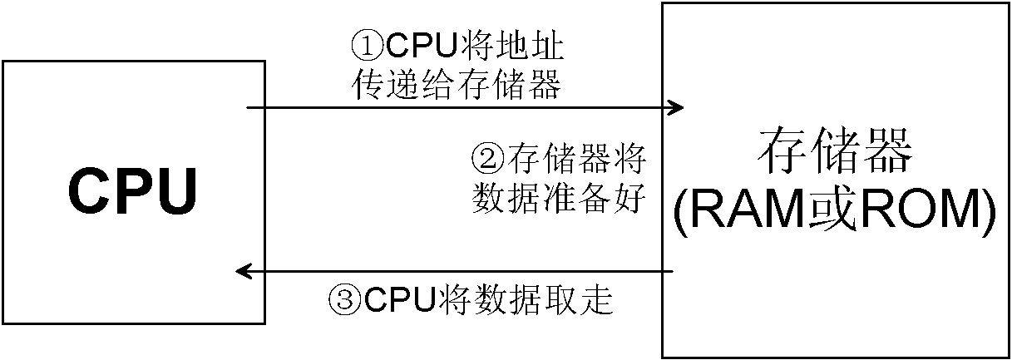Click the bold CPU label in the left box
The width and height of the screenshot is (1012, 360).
133,191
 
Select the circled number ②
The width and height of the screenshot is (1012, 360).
488,158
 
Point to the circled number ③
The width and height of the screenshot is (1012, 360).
346,298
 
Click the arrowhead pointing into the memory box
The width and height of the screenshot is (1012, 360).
675,108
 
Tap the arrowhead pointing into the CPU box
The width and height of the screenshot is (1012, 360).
244,272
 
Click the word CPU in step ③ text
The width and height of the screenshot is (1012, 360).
399,298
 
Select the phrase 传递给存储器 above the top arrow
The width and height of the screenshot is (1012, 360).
457,85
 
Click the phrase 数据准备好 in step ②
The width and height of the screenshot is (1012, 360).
559,199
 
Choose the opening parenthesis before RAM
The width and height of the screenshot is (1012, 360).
682,212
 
